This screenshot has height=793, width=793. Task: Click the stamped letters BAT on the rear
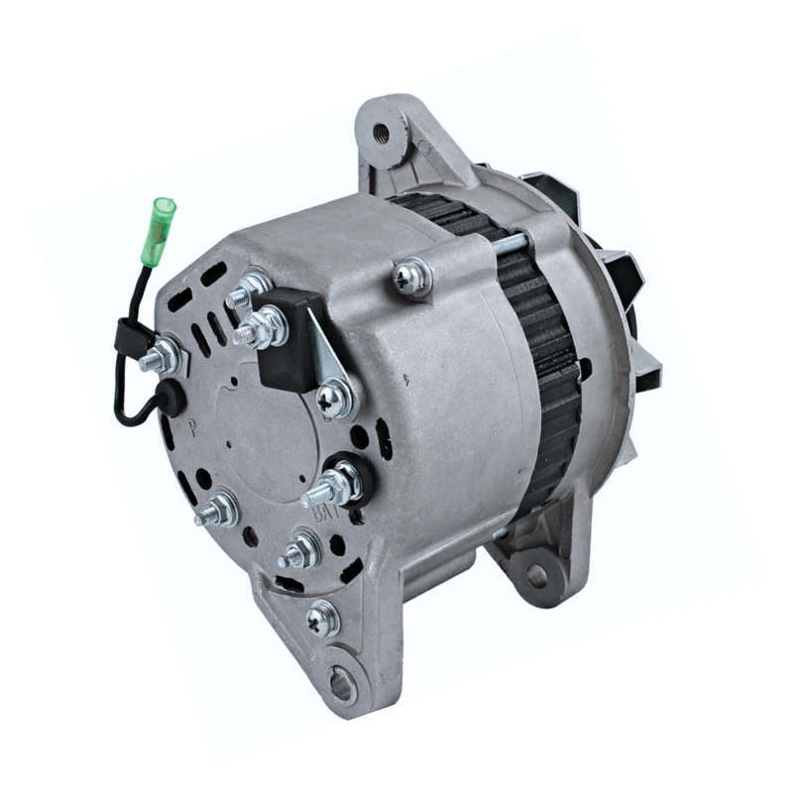[323, 513]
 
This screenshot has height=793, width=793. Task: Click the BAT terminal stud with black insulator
[337, 483]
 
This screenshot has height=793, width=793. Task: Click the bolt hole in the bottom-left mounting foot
[340, 682]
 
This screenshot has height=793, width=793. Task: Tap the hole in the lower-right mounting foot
[536, 574]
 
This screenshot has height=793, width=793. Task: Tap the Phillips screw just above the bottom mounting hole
[323, 619]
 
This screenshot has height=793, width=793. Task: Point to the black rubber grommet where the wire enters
[170, 397]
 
